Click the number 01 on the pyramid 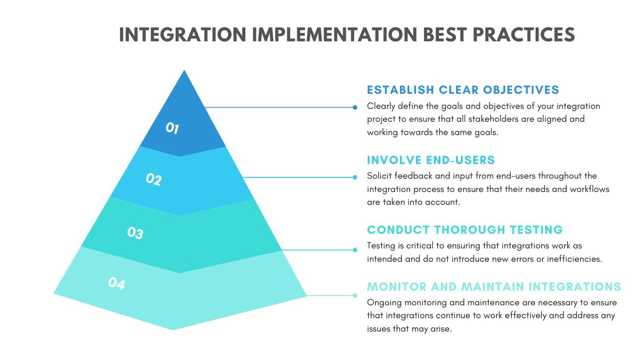pyautogui.click(x=172, y=128)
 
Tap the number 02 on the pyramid pyautogui.click(x=153, y=180)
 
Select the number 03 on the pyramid pyautogui.click(x=135, y=233)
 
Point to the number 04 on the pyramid pyautogui.click(x=116, y=283)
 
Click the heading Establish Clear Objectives pyautogui.click(x=463, y=90)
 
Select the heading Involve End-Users pyautogui.click(x=431, y=160)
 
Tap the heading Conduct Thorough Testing pyautogui.click(x=464, y=230)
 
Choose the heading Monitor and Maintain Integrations pyautogui.click(x=494, y=287)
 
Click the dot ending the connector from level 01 pyautogui.click(x=355, y=107)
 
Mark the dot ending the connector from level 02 pyautogui.click(x=355, y=177)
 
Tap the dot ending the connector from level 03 pyautogui.click(x=355, y=250)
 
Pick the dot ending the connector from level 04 pyautogui.click(x=355, y=295)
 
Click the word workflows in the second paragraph pyautogui.click(x=590, y=189)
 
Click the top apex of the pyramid pyautogui.click(x=184, y=71)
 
